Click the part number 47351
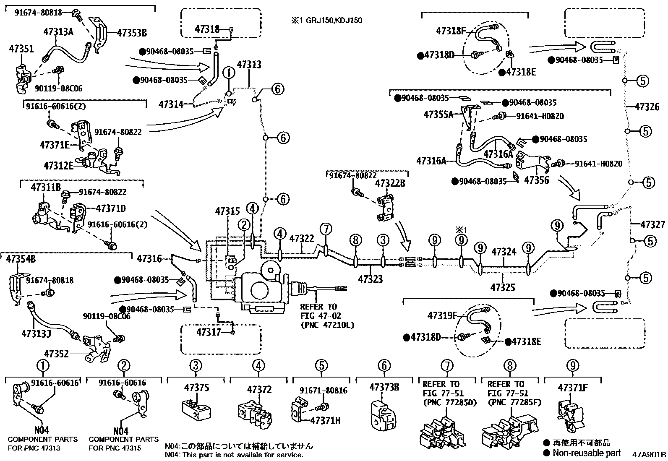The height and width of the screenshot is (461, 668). (21, 49)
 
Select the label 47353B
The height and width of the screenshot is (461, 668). (132, 32)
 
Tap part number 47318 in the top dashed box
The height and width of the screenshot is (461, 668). (207, 29)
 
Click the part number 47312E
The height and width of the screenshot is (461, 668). (58, 166)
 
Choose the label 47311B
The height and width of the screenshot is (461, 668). (46, 188)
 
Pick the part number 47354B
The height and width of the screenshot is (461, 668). (21, 259)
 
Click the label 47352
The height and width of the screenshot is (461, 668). (56, 354)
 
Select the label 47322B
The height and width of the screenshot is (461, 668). (390, 183)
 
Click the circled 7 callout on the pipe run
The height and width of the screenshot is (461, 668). (326, 229)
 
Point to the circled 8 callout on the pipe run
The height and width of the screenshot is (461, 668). (355, 240)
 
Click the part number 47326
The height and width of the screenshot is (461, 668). (647, 107)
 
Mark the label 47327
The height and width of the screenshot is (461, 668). (652, 225)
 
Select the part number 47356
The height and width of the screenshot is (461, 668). (536, 180)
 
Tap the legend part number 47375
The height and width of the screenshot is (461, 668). (196, 388)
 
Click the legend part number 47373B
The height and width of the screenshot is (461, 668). (384, 387)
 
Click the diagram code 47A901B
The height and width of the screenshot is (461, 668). (649, 454)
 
